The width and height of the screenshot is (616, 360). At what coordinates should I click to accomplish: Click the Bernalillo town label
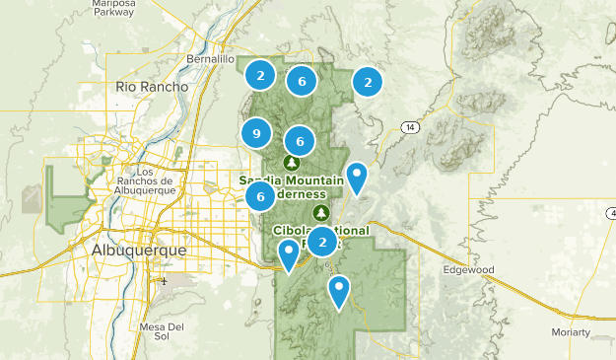click(210, 59)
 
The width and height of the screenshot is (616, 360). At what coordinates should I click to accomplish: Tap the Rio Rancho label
click(152, 87)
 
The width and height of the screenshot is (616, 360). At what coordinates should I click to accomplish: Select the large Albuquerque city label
click(138, 251)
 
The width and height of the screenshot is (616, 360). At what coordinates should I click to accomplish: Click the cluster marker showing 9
click(256, 133)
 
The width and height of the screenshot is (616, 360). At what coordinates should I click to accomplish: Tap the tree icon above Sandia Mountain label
click(292, 162)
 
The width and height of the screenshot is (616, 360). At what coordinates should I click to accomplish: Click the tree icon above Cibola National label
click(320, 212)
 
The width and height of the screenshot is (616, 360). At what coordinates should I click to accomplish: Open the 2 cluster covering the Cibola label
click(322, 241)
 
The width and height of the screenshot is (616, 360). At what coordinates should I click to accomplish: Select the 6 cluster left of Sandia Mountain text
click(260, 196)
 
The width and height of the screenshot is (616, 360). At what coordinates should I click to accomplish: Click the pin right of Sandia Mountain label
click(358, 178)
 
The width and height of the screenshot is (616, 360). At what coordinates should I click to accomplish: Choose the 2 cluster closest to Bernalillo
click(259, 74)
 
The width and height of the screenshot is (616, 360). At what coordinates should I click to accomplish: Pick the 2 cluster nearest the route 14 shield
click(368, 82)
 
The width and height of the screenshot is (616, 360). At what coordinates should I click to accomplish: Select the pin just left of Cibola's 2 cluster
click(288, 255)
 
